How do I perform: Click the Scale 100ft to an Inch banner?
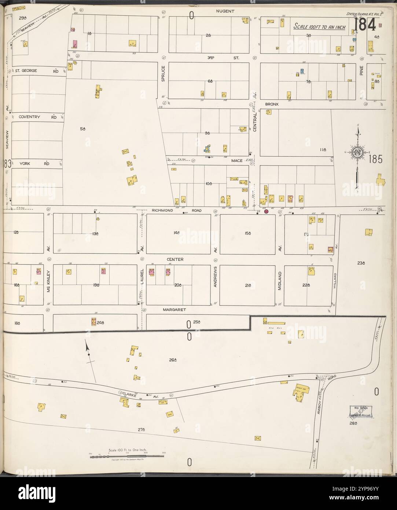click(319, 27)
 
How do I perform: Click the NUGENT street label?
click(225, 11)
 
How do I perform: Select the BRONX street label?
click(272, 104)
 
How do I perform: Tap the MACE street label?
click(236, 160)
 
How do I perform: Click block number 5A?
click(83, 129)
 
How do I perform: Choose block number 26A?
click(173, 360)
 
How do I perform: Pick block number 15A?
click(247, 233)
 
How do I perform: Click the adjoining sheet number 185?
click(376, 159)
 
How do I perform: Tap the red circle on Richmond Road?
click(266, 211)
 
